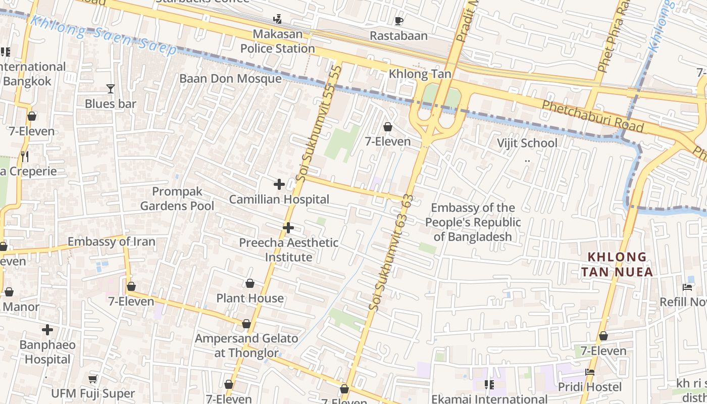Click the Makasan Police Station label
click(x=277, y=41)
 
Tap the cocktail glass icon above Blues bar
click(x=111, y=89)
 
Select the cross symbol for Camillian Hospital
click(x=279, y=185)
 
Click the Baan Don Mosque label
click(x=230, y=79)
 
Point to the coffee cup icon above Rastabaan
click(x=398, y=21)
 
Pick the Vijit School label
click(x=527, y=143)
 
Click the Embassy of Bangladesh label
click(x=473, y=222)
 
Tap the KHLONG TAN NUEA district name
click(x=617, y=265)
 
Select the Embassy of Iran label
click(x=111, y=241)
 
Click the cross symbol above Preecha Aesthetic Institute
click(x=288, y=228)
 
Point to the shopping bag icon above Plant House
click(x=249, y=283)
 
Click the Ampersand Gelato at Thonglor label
click(x=246, y=345)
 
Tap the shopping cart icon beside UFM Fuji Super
click(x=92, y=379)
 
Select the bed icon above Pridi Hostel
click(x=589, y=372)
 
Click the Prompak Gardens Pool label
click(x=177, y=198)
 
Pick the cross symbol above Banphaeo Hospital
click(x=47, y=330)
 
